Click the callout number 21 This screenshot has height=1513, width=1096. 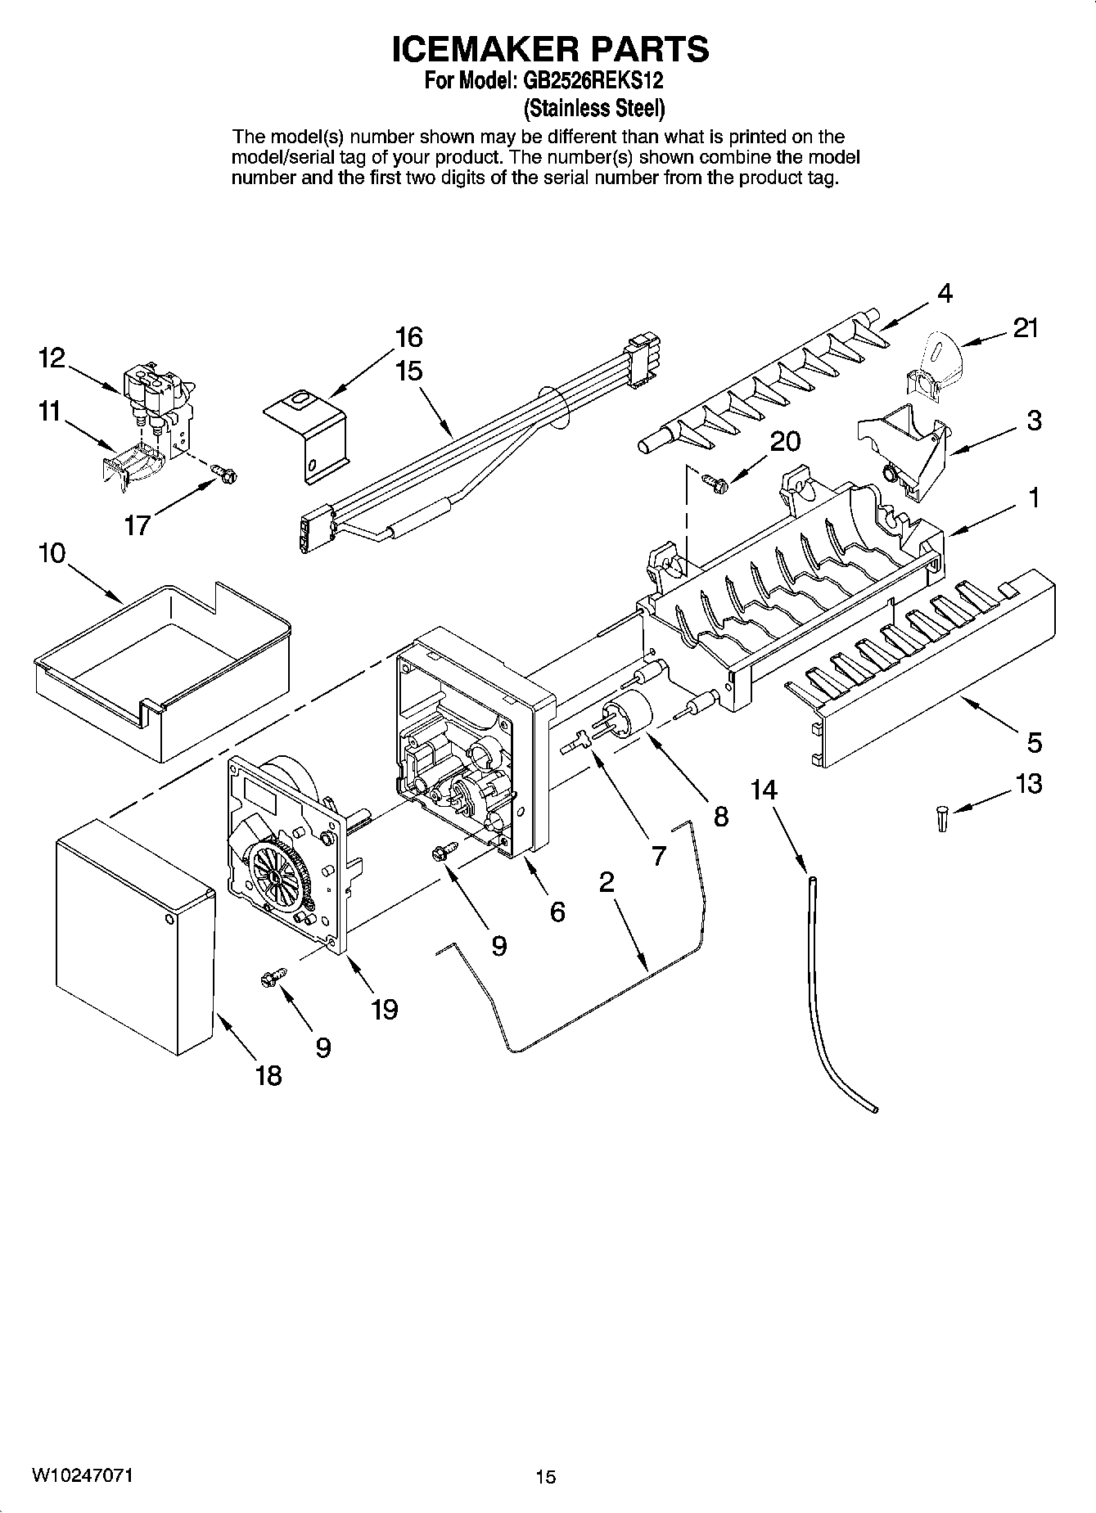pos(1025,328)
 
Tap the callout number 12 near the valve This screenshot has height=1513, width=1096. pos(51,358)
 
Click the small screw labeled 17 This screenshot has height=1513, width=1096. pos(222,472)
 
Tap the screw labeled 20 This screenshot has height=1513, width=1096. pos(711,484)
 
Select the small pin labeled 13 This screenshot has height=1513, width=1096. pos(942,818)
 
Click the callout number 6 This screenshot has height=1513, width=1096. pos(557,911)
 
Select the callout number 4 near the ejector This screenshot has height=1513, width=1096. pos(945,293)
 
